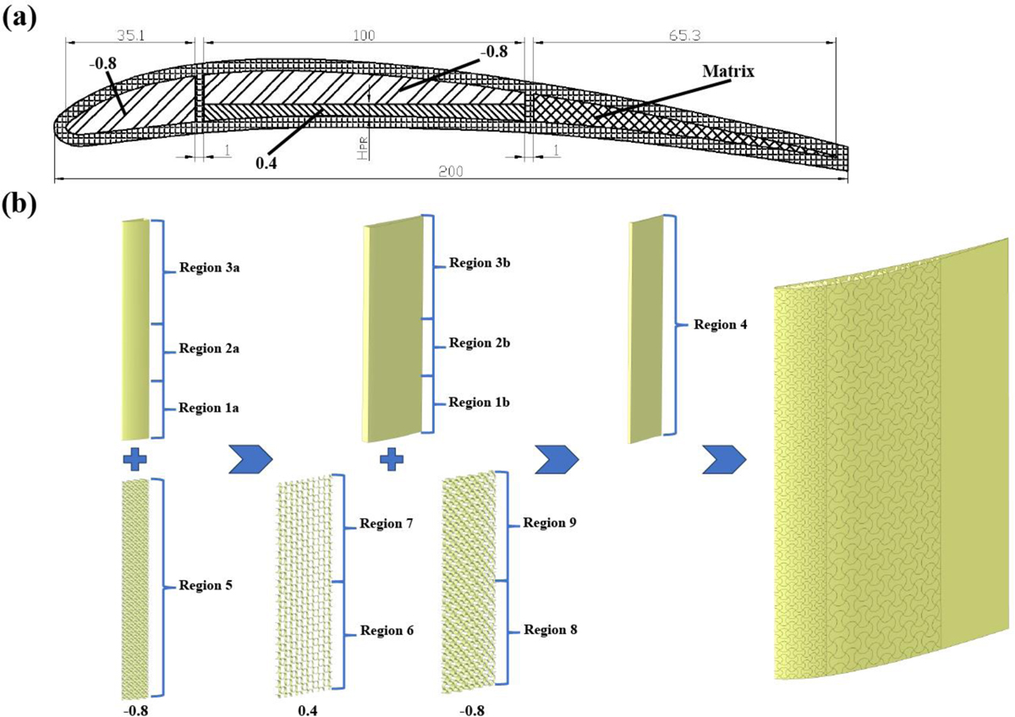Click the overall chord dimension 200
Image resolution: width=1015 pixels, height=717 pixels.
[451, 171]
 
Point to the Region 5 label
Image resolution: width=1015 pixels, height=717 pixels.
[208, 585]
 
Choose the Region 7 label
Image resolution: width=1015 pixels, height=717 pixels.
[386, 524]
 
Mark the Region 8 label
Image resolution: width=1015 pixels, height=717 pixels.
[550, 630]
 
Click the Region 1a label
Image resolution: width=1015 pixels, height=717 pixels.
[211, 408]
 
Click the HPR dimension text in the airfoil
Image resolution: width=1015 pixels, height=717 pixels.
[362, 151]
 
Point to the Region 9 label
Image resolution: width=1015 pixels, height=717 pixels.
[550, 523]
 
